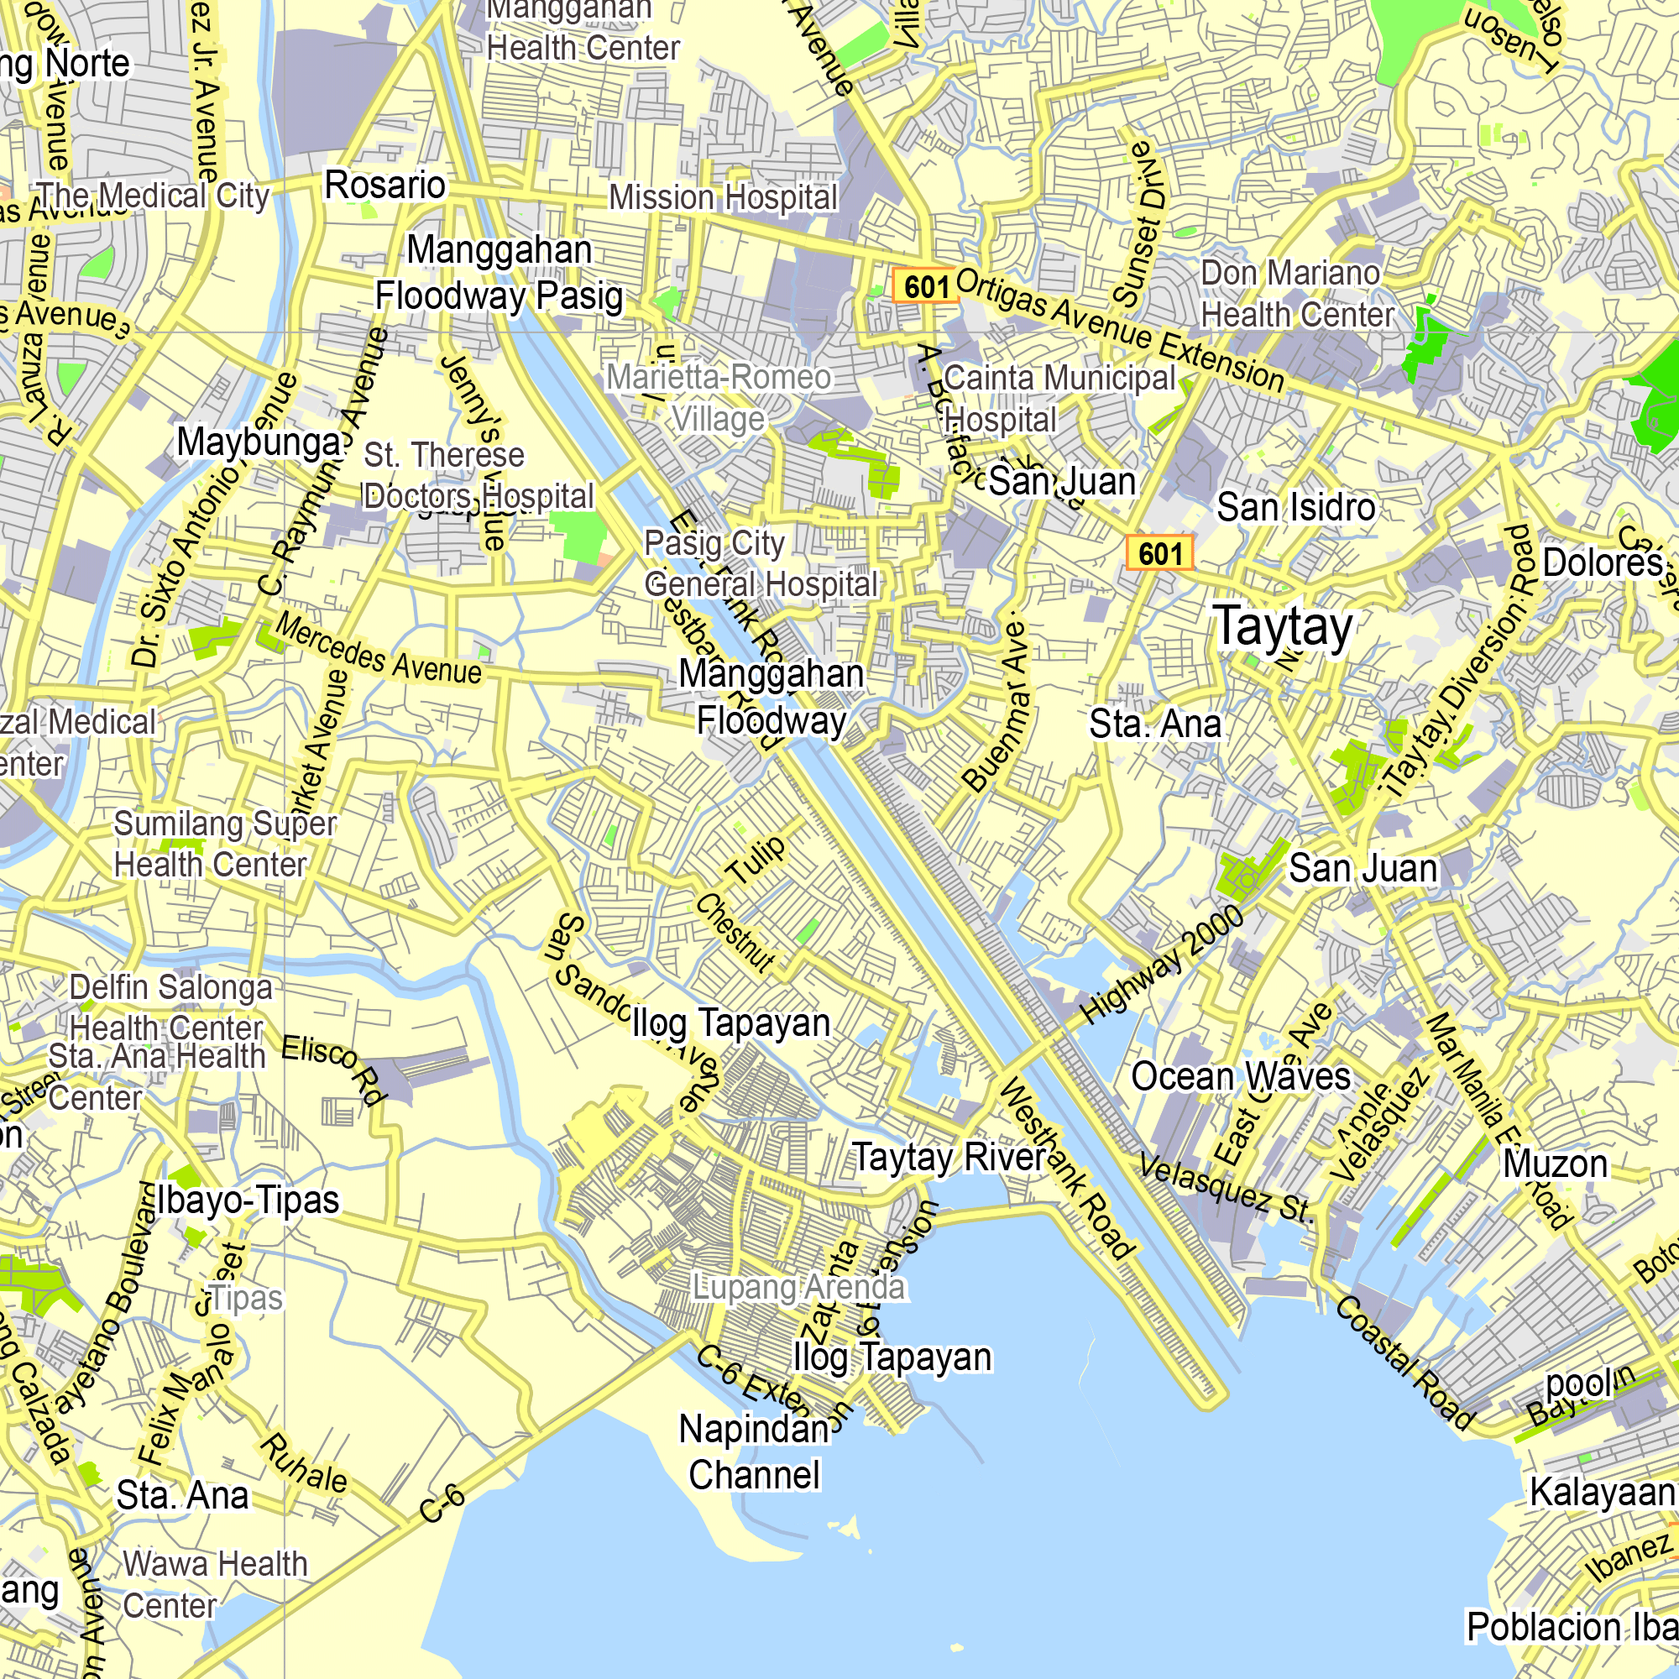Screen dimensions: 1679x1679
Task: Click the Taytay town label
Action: [x=1283, y=626]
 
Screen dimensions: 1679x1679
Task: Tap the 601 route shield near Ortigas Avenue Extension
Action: [x=925, y=286]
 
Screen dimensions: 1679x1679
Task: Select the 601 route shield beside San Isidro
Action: [x=1159, y=552]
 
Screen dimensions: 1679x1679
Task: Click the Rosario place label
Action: [x=385, y=185]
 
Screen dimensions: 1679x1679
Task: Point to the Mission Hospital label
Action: [x=723, y=198]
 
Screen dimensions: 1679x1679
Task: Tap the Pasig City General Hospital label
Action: [x=761, y=564]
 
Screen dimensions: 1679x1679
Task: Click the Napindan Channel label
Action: [x=754, y=1452]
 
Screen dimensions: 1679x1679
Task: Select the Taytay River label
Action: [x=949, y=1158]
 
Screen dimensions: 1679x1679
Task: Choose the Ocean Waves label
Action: [x=1240, y=1077]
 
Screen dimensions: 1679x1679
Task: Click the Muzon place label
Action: [x=1555, y=1164]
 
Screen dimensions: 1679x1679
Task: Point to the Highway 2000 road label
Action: [x=1161, y=965]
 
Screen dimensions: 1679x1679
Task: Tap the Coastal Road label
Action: [x=1404, y=1363]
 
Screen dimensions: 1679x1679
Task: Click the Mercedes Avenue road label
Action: [x=379, y=649]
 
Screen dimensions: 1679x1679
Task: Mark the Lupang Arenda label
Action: [x=798, y=1287]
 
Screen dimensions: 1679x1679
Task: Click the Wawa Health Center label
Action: [x=215, y=1584]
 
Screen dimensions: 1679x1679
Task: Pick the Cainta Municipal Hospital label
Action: [x=1059, y=399]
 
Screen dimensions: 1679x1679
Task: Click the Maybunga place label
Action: [x=258, y=442]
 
